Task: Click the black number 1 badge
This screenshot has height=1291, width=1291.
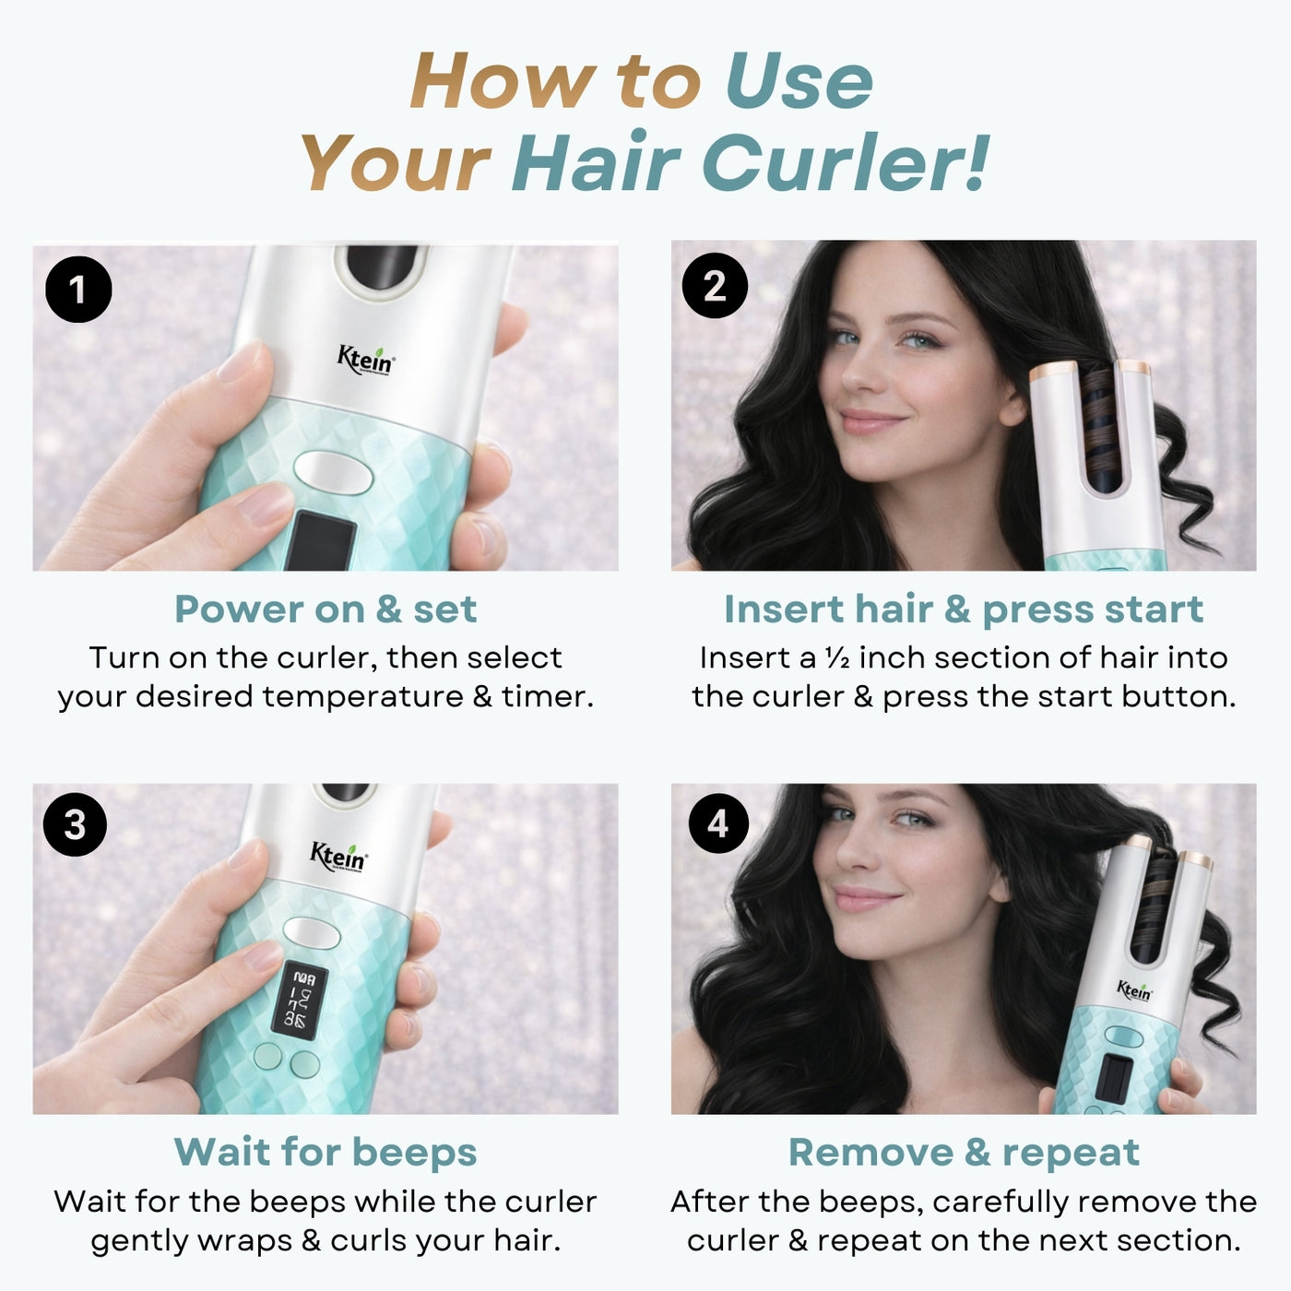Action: tap(78, 290)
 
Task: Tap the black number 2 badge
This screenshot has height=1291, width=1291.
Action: tap(715, 285)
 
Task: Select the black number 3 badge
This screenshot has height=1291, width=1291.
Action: tap(75, 824)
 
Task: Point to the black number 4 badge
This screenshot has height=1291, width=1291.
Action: tap(719, 823)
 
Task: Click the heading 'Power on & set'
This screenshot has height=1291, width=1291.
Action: tap(326, 609)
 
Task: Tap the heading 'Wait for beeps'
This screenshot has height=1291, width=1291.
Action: tap(326, 1152)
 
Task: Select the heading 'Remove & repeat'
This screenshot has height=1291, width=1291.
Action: tap(964, 1153)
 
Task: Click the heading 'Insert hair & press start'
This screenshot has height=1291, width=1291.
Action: tap(964, 610)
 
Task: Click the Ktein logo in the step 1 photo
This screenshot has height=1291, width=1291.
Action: tap(366, 360)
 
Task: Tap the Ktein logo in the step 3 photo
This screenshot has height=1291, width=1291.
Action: tap(338, 859)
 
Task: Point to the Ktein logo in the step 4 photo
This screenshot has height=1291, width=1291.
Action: tap(1134, 990)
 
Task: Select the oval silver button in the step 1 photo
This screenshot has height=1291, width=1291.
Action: tap(333, 472)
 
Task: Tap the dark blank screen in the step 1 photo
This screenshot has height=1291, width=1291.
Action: tap(321, 540)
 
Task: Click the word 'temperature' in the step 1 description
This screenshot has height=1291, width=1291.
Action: tap(362, 697)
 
